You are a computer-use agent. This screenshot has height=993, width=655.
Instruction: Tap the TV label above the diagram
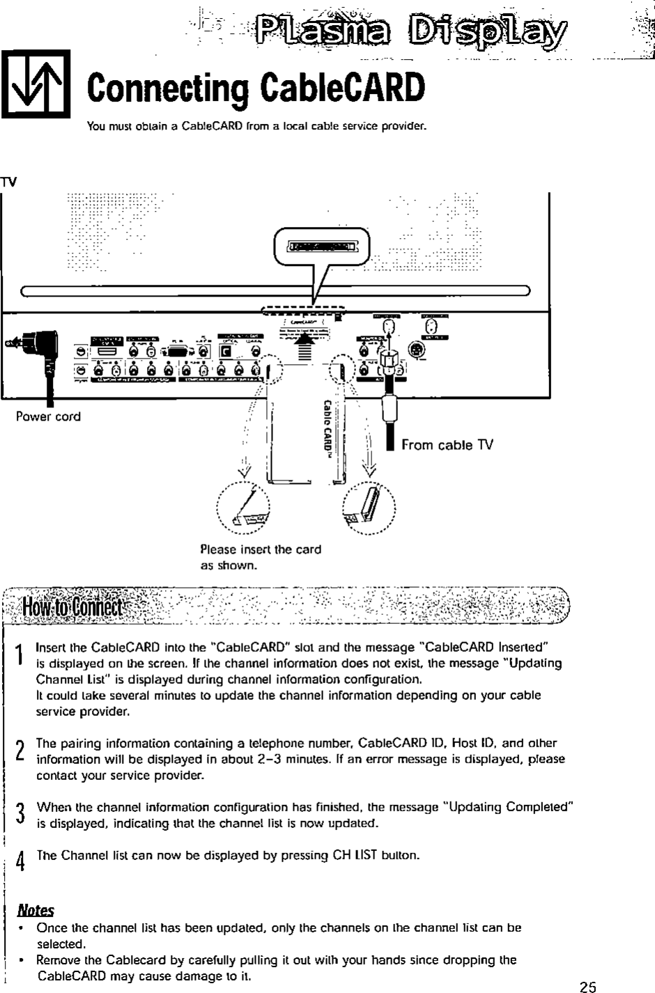coord(8,182)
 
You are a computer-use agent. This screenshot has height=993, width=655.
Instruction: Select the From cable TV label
coord(447,444)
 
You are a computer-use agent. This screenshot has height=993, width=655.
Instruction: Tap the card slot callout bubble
coord(323,247)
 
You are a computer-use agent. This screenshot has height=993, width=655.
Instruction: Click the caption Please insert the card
coord(260,549)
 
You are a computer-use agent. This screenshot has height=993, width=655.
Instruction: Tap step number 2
coord(20,750)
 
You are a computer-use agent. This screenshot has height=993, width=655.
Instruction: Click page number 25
coord(588,985)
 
